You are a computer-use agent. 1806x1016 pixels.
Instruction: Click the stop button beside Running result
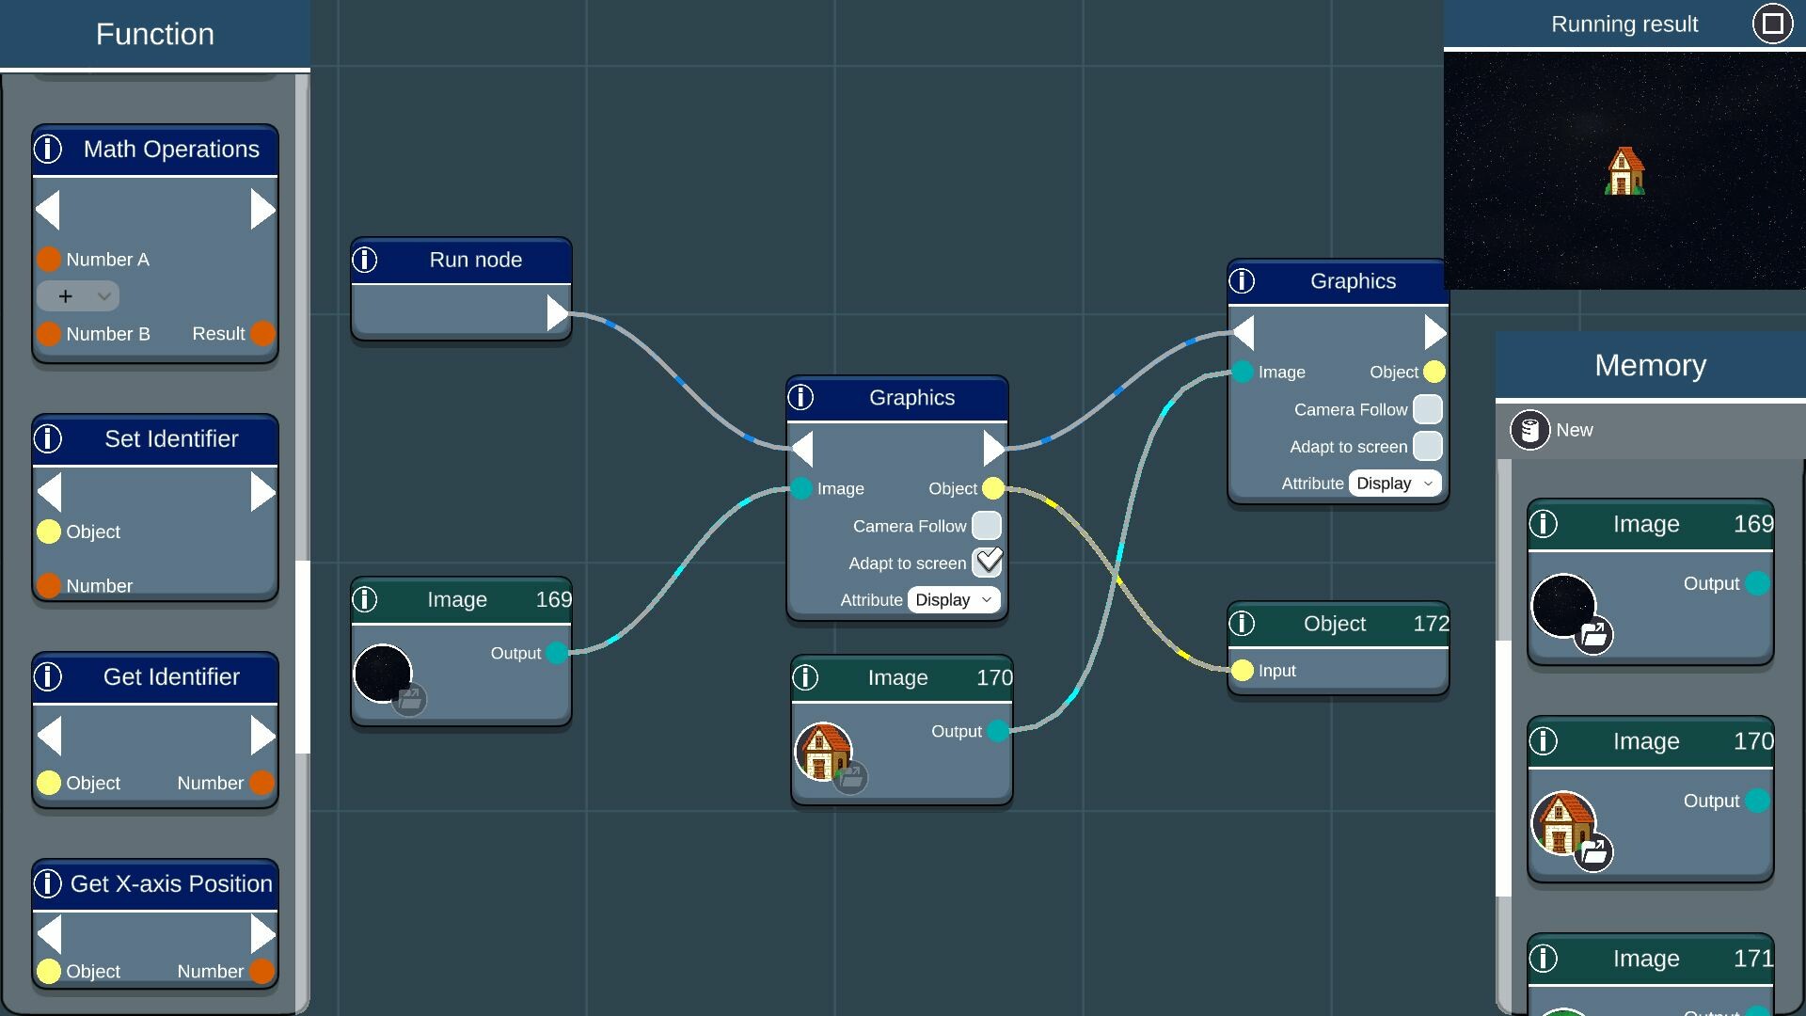(x=1772, y=24)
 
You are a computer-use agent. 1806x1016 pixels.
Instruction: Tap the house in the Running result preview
(x=1624, y=171)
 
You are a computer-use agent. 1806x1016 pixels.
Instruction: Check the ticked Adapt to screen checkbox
(x=987, y=563)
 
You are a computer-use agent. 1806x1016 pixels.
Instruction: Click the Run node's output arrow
(x=557, y=313)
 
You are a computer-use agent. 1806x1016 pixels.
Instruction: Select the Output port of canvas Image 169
(x=557, y=653)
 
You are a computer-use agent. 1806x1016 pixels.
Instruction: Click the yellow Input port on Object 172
(x=1243, y=670)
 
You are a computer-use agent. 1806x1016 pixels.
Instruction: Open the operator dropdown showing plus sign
(x=78, y=296)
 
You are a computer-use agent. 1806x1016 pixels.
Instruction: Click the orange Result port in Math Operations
(x=263, y=333)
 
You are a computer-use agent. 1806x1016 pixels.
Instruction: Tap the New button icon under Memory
(x=1529, y=430)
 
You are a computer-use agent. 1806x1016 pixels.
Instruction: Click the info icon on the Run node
(x=365, y=260)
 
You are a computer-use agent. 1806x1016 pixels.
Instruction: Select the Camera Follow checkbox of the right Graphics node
(x=1427, y=409)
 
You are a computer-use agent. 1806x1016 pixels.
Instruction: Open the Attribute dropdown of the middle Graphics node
(x=953, y=600)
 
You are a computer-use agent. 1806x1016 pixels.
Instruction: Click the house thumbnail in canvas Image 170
(x=823, y=751)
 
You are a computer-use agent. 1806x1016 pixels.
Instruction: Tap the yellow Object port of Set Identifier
(x=49, y=532)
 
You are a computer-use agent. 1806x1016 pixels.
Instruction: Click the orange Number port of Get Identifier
(x=262, y=783)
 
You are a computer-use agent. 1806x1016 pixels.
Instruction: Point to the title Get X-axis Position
(x=171, y=883)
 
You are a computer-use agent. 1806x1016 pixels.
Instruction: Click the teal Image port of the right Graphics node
(x=1243, y=372)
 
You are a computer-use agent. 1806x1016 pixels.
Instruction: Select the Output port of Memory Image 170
(x=1756, y=801)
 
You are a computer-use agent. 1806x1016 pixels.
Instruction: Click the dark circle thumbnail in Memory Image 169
(x=1563, y=605)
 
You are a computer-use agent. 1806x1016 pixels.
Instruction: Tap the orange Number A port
(x=49, y=259)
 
